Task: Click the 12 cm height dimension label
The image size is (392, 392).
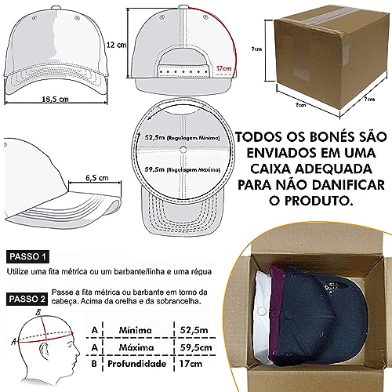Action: click(x=117, y=45)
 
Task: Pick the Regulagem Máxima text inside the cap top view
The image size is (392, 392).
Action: click(x=183, y=168)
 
